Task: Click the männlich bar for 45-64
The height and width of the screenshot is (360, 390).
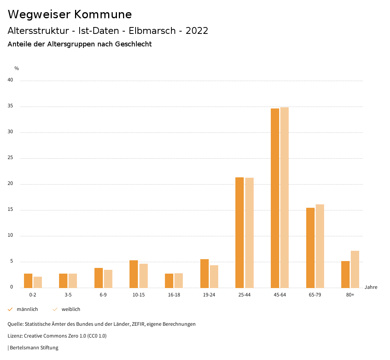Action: coord(275,198)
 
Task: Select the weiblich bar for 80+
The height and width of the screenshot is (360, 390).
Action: coord(355,269)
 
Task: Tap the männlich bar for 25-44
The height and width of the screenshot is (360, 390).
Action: coord(240,232)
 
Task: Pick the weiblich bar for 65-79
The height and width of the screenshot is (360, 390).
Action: coord(320,246)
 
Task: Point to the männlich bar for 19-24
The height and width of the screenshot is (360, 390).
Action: coord(205,273)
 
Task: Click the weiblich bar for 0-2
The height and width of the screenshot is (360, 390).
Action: coord(38,282)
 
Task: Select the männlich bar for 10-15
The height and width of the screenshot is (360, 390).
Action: coord(134,274)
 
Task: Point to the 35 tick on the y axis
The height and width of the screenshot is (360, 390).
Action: coord(10,106)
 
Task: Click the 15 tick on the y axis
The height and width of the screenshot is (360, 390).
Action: coord(10,210)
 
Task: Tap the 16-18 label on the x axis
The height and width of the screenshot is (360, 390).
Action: coord(174,295)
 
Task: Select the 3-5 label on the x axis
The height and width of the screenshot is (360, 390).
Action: coord(68,295)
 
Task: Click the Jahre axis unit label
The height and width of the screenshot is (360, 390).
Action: coord(371,287)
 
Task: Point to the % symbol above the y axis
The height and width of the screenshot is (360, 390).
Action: coord(17,68)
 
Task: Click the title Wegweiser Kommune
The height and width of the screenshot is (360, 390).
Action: coord(70,14)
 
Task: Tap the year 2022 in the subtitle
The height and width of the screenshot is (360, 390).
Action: coord(197,31)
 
